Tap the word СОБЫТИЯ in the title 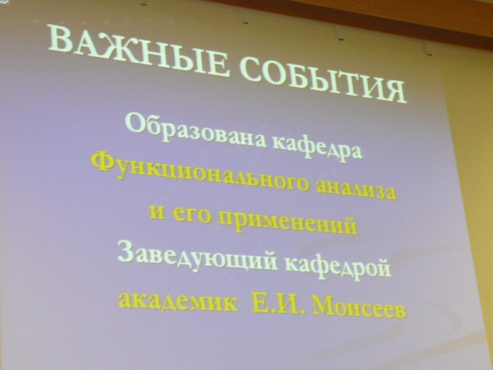point(324,80)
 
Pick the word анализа point(355,190)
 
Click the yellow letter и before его point(156,211)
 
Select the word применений point(287,222)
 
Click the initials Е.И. point(275,304)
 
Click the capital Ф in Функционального point(102,163)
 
